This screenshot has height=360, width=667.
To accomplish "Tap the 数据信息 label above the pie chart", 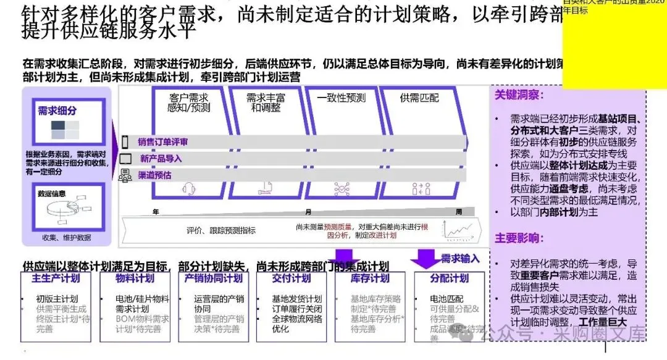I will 51,193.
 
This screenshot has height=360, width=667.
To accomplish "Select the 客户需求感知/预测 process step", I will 189,103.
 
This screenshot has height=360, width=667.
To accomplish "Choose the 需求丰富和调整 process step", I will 266,103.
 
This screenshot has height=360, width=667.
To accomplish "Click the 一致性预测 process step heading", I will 342,98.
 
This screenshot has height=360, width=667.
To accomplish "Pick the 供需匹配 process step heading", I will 420,98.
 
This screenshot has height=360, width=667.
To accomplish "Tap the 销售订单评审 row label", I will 162,142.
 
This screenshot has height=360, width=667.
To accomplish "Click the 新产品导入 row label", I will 161,159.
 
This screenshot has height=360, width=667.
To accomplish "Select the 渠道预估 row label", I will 154,175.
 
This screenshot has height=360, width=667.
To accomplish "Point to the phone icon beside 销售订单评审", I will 125,141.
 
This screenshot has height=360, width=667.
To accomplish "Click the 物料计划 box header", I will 135,278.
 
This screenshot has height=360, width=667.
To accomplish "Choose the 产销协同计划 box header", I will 213,278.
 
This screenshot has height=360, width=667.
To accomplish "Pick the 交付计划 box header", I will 292,278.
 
